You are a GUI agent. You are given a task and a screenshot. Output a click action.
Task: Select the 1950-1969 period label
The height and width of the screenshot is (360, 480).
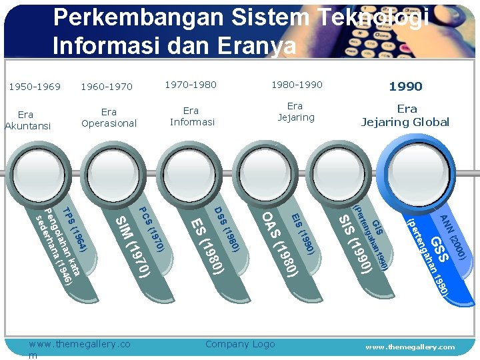35,87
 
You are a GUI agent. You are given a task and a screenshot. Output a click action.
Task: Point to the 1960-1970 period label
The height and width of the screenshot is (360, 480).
107,87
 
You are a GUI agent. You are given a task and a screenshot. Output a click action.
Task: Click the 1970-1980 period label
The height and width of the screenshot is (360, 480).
191,85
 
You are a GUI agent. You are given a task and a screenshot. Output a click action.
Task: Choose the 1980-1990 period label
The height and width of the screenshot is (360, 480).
297,85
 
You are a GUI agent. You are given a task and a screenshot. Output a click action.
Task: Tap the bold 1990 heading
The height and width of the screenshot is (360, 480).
405,87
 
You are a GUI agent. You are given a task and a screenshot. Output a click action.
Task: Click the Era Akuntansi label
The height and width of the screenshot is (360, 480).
27,120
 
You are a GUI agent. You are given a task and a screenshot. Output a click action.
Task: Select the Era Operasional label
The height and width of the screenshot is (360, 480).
109,117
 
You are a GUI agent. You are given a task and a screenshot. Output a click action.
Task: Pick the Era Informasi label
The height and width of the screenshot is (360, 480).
191,116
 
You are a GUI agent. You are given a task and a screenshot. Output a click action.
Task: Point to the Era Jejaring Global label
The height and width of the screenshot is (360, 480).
405,115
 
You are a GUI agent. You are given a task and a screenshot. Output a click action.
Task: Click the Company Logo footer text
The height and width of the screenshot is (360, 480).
240,344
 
